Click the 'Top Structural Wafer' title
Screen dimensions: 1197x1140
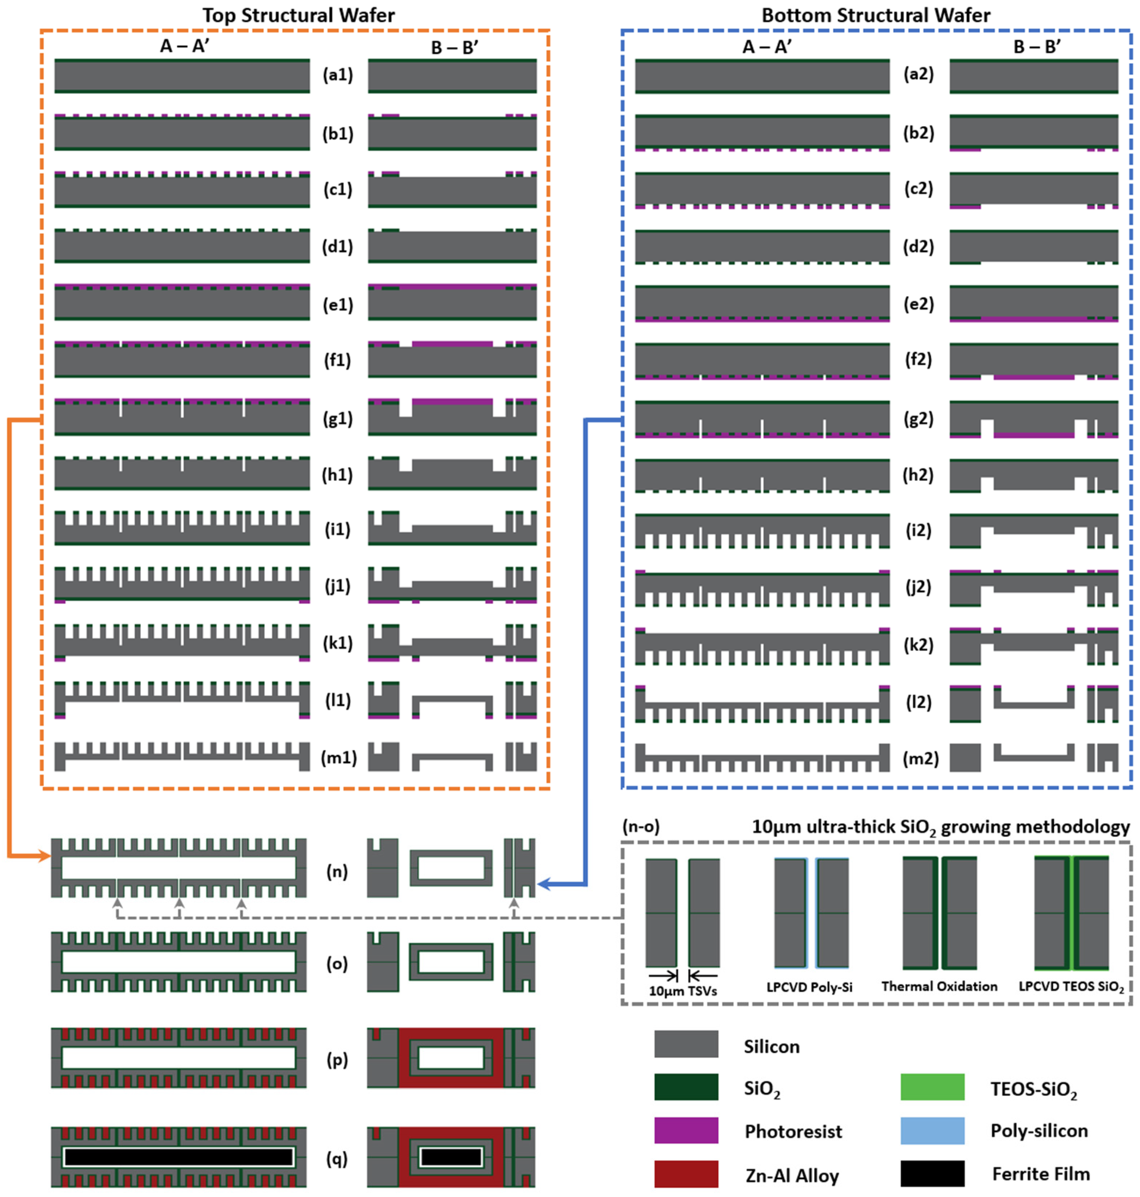point(298,15)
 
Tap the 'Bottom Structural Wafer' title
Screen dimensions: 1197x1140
point(876,15)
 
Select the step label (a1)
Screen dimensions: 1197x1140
point(338,75)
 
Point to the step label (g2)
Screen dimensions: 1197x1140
point(918,418)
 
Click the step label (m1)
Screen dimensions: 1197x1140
point(339,758)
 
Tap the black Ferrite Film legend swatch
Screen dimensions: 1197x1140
point(932,1173)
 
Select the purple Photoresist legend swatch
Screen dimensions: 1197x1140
point(686,1130)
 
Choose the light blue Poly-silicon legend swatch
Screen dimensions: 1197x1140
point(932,1130)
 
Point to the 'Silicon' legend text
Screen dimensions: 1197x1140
point(772,1046)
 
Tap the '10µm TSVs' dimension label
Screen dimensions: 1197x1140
point(683,991)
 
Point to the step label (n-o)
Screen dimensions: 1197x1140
point(641,826)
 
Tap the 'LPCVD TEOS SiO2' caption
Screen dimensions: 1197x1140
point(1071,987)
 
